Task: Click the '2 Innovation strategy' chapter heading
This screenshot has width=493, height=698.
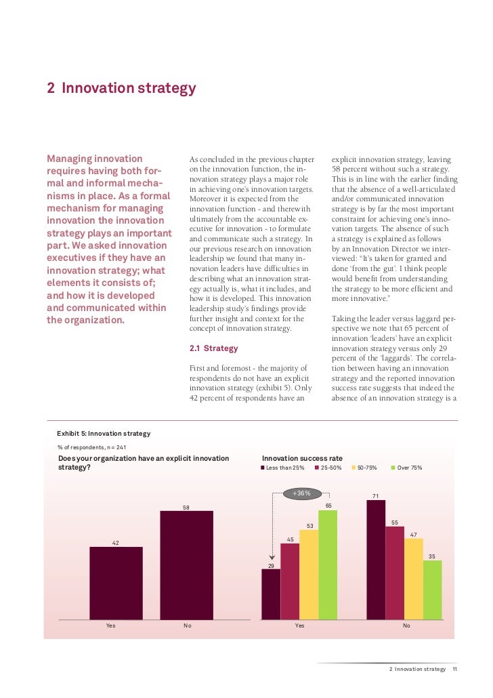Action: pos(121,89)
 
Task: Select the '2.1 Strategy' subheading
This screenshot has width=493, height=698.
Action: pos(214,348)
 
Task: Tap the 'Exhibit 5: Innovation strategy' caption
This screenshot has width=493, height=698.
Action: pos(103,433)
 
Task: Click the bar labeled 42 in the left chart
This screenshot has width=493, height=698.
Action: pos(116,583)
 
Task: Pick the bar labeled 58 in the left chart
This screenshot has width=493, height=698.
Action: pos(186,564)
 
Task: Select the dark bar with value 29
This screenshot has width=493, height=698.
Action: pos(271,594)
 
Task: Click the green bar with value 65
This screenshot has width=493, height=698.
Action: pos(328,564)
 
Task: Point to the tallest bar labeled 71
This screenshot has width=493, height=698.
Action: pos(376,560)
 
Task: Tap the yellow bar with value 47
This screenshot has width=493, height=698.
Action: pos(413,579)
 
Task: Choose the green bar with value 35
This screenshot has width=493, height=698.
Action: pos(432,590)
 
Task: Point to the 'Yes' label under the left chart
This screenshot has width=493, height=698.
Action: pos(110,625)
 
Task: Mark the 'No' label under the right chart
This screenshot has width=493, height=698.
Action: pos(406,625)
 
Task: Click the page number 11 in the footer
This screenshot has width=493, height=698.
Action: pos(455,669)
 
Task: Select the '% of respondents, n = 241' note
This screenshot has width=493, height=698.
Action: pos(92,447)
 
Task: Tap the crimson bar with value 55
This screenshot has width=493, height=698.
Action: pos(395,573)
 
